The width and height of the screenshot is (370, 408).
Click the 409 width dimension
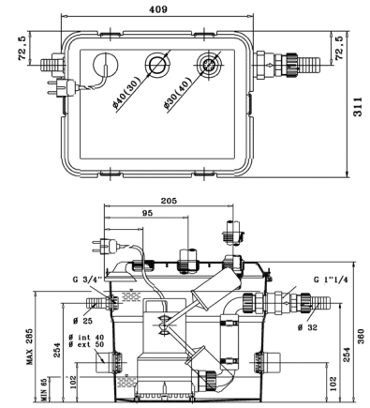point(158,9)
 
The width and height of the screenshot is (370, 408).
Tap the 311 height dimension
point(358,107)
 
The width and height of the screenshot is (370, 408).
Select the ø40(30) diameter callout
point(126,91)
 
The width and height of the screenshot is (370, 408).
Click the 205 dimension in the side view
point(169,201)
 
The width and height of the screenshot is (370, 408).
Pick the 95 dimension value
point(147,213)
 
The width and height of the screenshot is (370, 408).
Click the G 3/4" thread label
point(87,280)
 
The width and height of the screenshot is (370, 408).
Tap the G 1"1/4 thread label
point(331,280)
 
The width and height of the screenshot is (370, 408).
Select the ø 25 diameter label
point(83,321)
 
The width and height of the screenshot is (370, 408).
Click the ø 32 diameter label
point(307,327)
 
